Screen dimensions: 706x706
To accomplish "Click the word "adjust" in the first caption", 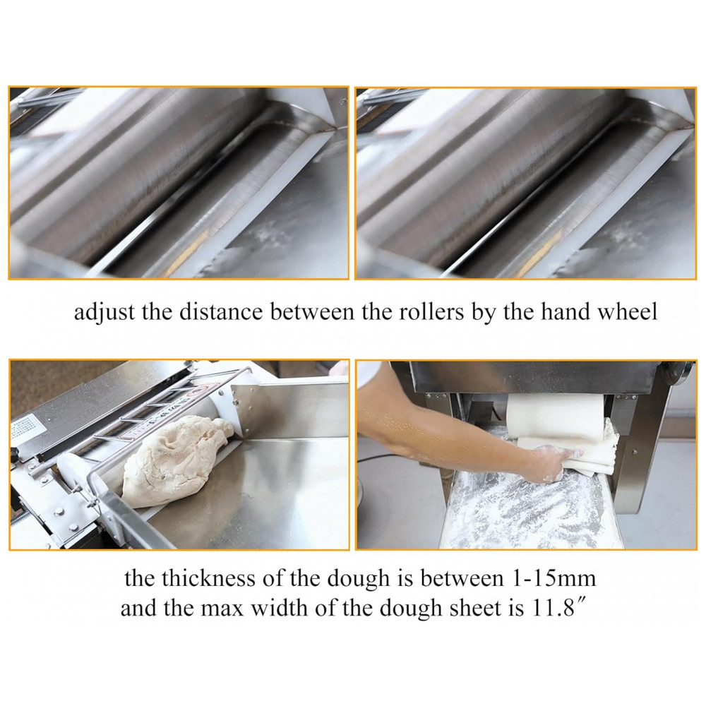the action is [x=104, y=312].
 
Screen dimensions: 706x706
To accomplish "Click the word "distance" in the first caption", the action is [x=220, y=311].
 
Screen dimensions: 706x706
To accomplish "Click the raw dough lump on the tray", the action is [x=174, y=460].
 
